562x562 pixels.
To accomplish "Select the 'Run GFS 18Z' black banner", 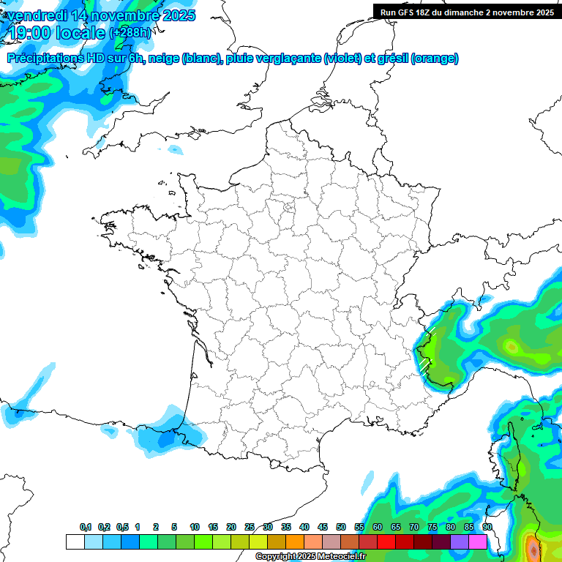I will coord(467,12).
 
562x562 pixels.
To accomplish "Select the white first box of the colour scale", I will coord(75,542).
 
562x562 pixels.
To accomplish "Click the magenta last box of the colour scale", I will coord(478,542).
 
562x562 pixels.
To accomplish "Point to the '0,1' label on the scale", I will coord(86,528).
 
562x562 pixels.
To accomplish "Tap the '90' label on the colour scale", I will coord(487,528).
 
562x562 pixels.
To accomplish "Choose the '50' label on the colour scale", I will coord(341,528).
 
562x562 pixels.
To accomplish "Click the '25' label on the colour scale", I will coord(250,528).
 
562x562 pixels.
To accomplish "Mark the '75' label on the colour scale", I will coord(432,528).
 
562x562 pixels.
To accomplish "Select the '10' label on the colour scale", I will coord(195,528).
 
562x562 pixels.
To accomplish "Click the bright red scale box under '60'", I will coord(386,542).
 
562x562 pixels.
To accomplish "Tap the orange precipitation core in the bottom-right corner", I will coord(532,547).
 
